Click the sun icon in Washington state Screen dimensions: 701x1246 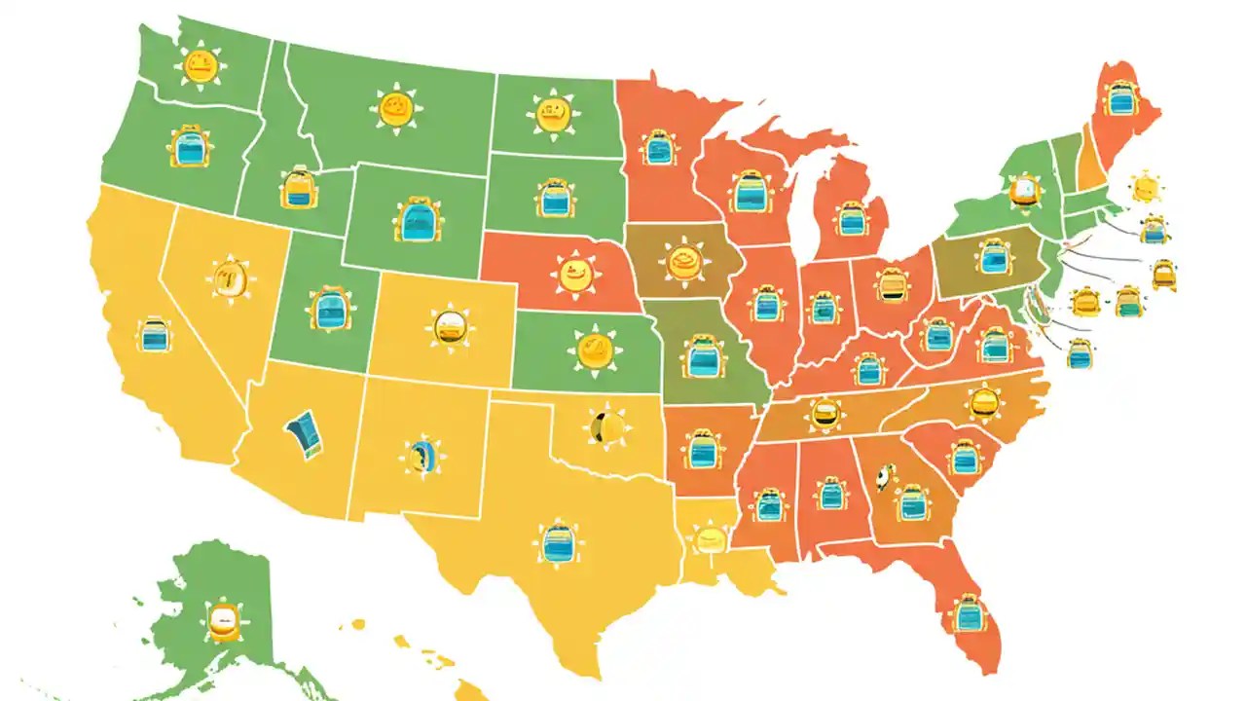pyautogui.click(x=199, y=67)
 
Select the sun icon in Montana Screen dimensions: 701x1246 pyautogui.click(x=396, y=108)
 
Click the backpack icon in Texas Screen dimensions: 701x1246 pyautogui.click(x=558, y=542)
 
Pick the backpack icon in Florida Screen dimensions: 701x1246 pyautogui.click(x=969, y=613)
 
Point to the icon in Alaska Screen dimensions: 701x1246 pyautogui.click(x=223, y=620)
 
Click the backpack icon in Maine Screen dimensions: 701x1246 pyautogui.click(x=1122, y=98)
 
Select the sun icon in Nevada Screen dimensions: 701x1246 pyautogui.click(x=231, y=279)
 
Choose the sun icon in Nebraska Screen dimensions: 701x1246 pyautogui.click(x=573, y=272)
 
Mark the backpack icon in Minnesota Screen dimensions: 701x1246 pyautogui.click(x=658, y=148)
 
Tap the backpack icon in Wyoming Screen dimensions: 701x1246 pyautogui.click(x=419, y=219)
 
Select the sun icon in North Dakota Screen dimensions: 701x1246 pyautogui.click(x=553, y=114)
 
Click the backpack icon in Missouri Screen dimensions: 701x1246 pyautogui.click(x=702, y=356)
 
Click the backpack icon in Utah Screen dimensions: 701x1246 pyautogui.click(x=328, y=309)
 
